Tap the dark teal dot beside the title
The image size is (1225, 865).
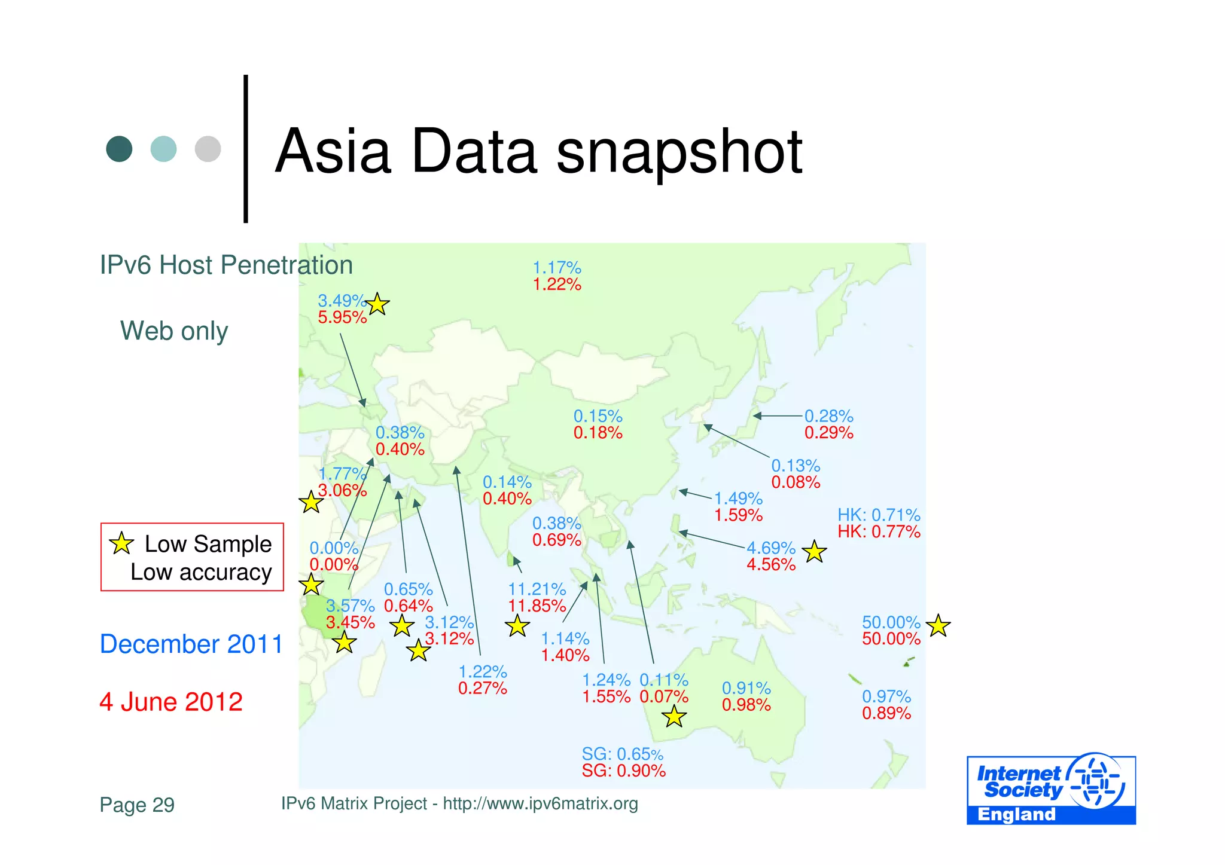pos(119,149)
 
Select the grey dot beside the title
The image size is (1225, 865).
pos(208,149)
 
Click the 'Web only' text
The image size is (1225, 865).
pos(174,331)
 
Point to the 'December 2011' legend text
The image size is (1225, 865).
pos(191,644)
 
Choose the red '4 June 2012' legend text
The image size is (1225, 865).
pos(171,702)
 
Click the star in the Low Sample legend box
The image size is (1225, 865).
pos(121,543)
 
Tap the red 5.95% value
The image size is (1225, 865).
pos(342,317)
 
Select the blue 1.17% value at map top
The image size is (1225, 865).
pos(557,268)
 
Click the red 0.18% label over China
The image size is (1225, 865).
pos(598,433)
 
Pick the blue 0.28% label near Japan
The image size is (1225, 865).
pos(828,416)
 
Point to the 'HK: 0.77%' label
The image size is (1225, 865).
pos(879,532)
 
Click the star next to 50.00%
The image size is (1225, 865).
pos(938,626)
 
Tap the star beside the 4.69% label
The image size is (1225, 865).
pos(814,552)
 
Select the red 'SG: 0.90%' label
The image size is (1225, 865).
pos(623,771)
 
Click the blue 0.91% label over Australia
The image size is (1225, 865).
pos(746,689)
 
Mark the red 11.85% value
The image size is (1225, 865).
pos(537,606)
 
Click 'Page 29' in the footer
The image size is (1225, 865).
pos(137,805)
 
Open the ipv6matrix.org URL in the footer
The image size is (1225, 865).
pos(540,804)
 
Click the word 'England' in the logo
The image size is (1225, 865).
pos(1016,815)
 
